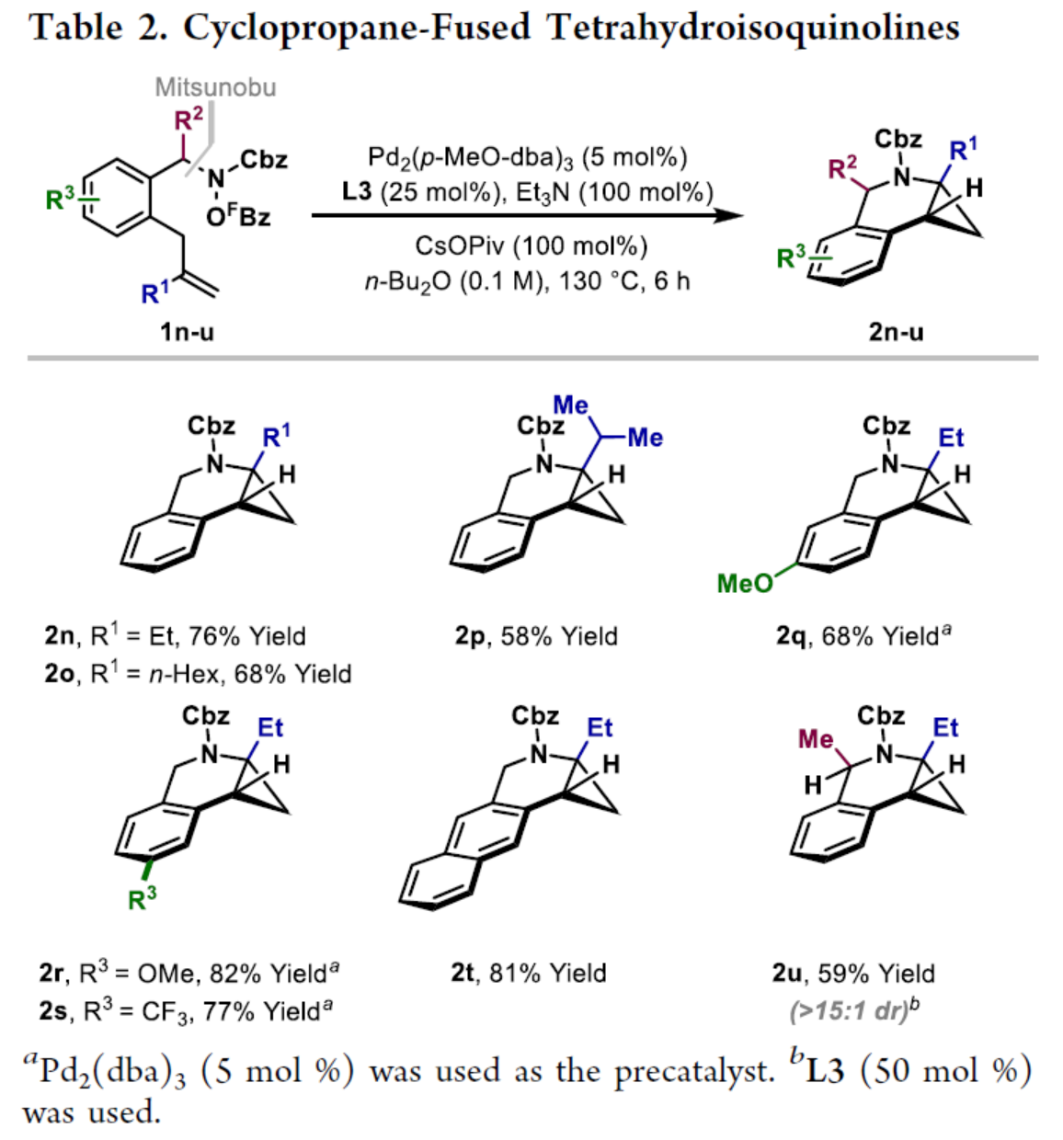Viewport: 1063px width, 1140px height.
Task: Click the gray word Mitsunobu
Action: (215, 87)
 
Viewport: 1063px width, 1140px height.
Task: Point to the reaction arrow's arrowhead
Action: (732, 215)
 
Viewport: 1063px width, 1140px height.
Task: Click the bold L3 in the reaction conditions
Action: (356, 192)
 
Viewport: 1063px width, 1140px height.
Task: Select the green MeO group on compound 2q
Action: (744, 583)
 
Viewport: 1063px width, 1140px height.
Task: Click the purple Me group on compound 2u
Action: (816, 740)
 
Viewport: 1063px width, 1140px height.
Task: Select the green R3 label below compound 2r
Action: (143, 898)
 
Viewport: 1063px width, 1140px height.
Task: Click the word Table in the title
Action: (75, 28)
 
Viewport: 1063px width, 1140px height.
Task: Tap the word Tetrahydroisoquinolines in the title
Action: (753, 28)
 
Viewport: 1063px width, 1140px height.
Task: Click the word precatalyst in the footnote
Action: (694, 1072)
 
